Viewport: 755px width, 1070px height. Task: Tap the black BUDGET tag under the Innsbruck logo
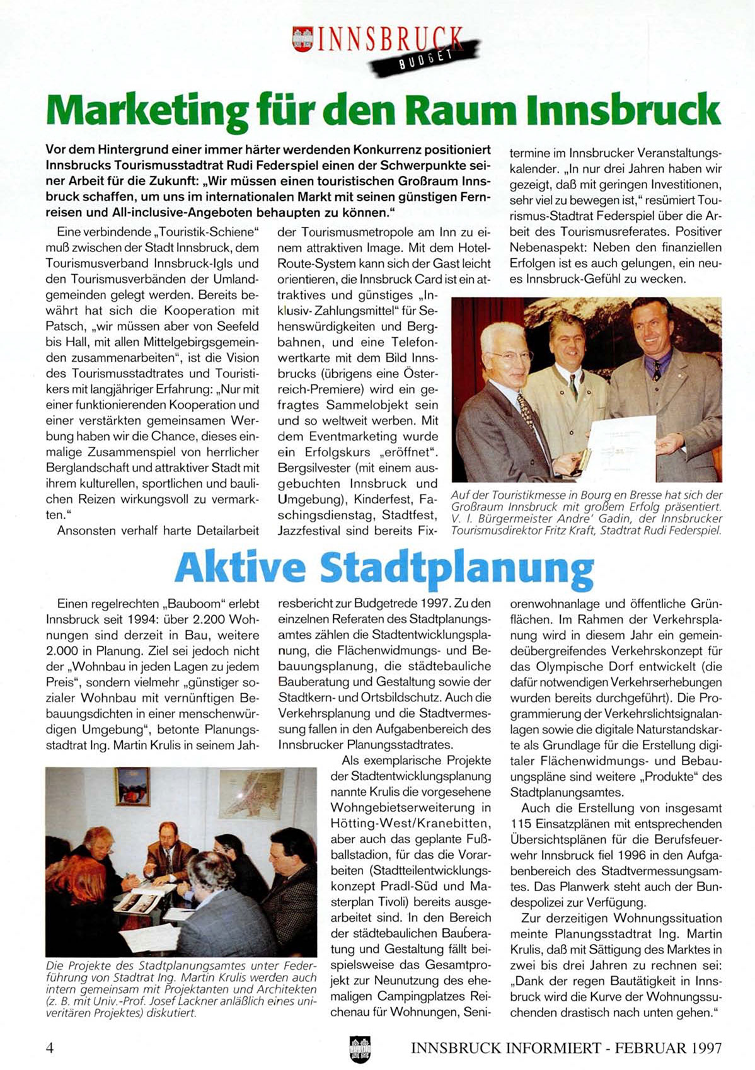pyautogui.click(x=426, y=55)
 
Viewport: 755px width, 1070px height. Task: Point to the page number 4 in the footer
pyautogui.click(x=50, y=1048)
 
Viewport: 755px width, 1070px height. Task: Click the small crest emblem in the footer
pyautogui.click(x=360, y=1049)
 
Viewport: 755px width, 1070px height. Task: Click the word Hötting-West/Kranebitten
pyautogui.click(x=410, y=824)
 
